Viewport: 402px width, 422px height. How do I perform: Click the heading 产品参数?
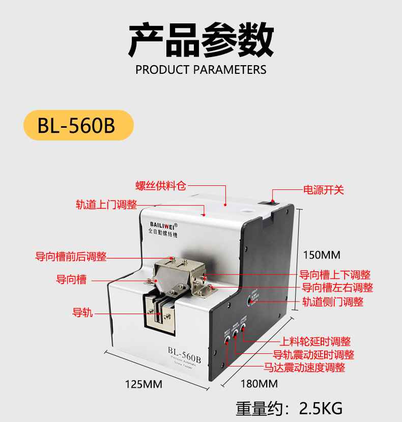200,39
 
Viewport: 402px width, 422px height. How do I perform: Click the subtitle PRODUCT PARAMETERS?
200,70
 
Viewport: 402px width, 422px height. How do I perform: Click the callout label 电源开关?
324,190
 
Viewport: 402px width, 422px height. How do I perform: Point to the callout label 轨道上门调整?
106,205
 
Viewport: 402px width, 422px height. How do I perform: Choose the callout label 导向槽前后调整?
71,257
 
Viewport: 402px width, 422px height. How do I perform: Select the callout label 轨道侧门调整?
333,301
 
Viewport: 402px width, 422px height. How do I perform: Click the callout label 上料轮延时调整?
315,342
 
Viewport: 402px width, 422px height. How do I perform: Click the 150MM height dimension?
322,255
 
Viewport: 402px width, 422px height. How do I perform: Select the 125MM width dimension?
143,384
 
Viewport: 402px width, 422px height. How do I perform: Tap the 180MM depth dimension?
260,383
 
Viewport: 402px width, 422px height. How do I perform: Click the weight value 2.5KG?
321,408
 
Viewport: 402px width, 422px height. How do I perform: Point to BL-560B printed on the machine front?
184,351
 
